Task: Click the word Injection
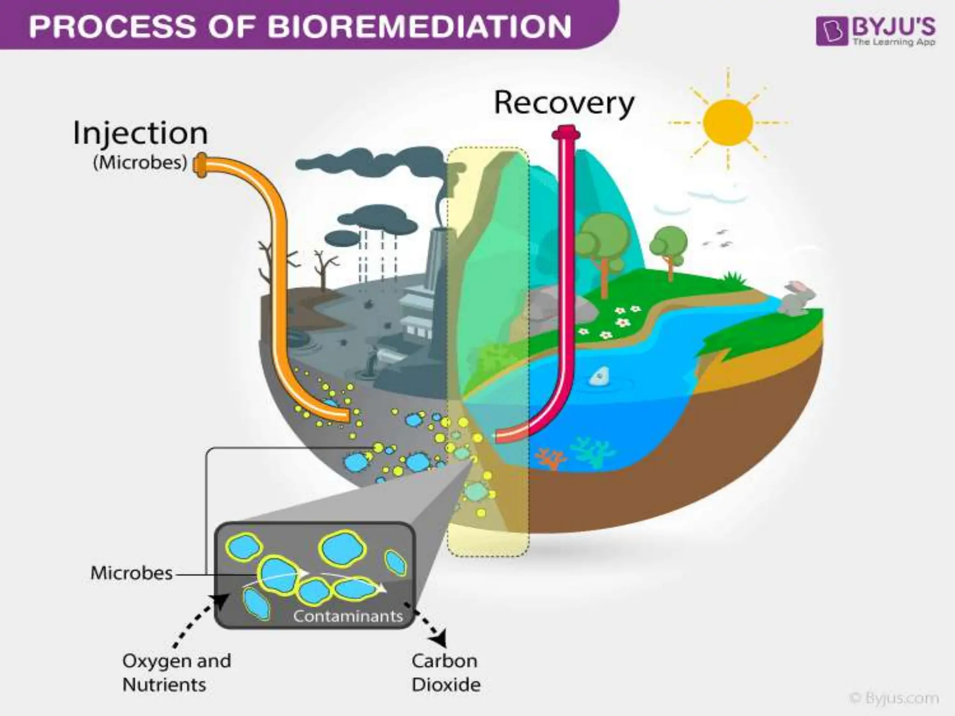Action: coord(140,134)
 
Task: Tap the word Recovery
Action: coord(563,103)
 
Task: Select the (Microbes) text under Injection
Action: coord(140,163)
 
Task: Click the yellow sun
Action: coord(727,123)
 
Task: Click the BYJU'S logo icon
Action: coord(832,32)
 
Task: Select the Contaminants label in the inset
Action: coord(348,616)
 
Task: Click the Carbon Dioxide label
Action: coord(445,673)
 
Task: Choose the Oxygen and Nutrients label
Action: coord(176,673)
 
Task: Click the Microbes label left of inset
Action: coord(131,573)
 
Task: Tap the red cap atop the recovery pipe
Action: coord(566,134)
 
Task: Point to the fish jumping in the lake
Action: coord(599,376)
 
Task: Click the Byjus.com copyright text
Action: coord(893,698)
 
